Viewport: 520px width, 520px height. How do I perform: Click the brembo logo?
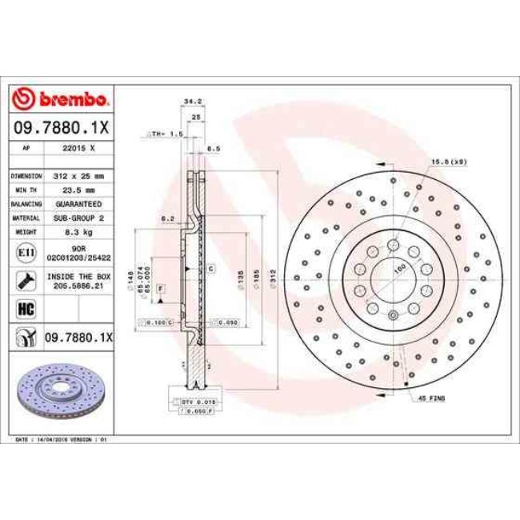pos(62,101)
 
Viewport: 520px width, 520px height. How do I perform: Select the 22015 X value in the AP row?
pos(79,149)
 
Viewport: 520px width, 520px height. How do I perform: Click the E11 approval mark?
pos(24,254)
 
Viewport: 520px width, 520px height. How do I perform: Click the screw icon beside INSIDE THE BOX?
pos(24,281)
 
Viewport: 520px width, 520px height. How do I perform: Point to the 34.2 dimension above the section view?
pos(191,102)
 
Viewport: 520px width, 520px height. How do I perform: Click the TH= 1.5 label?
pos(168,134)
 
